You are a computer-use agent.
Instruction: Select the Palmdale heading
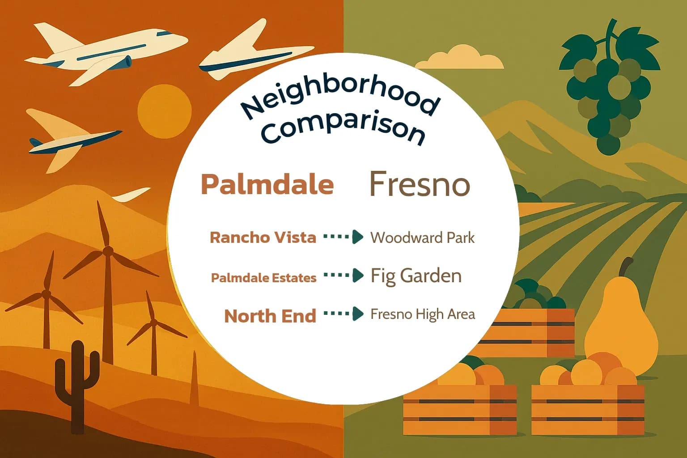click(x=267, y=184)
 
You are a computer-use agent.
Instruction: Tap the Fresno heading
click(x=420, y=184)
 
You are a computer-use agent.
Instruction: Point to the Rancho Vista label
click(x=263, y=237)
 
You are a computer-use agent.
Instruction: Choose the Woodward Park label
click(x=422, y=237)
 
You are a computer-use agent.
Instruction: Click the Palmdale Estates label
click(x=263, y=278)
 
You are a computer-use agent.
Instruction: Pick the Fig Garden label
click(x=416, y=276)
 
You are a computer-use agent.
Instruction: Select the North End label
click(x=270, y=316)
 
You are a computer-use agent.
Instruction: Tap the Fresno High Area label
click(x=423, y=314)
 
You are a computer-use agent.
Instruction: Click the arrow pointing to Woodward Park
click(x=343, y=237)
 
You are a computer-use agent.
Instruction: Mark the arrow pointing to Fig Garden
click(x=343, y=275)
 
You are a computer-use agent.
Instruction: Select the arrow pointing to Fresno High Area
click(x=343, y=314)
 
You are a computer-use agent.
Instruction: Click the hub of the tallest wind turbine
click(x=107, y=250)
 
